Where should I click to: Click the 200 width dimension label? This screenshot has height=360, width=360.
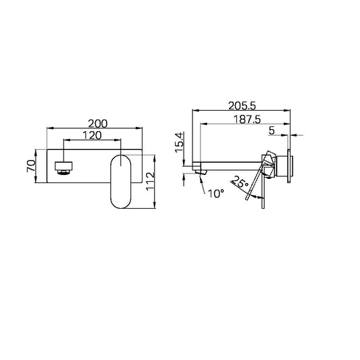click(x=97, y=124)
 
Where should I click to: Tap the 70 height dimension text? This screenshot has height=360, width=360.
click(x=31, y=166)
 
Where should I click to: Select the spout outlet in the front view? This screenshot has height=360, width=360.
click(x=63, y=166)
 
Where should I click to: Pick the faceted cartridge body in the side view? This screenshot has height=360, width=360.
click(x=269, y=164)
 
